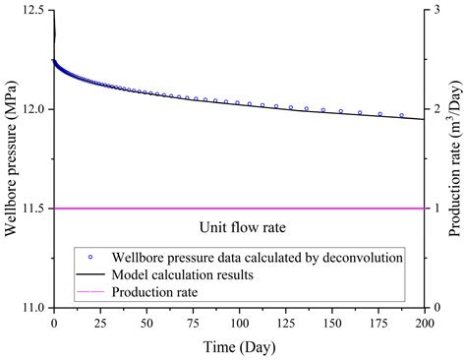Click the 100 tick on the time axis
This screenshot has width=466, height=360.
(239, 322)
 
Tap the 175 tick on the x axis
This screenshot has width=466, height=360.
(379, 322)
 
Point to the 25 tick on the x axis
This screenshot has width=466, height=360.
(100, 322)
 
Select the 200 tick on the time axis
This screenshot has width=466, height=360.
(425, 322)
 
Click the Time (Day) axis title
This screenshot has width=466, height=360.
(239, 345)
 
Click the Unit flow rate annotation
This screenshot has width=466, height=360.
(240, 227)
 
